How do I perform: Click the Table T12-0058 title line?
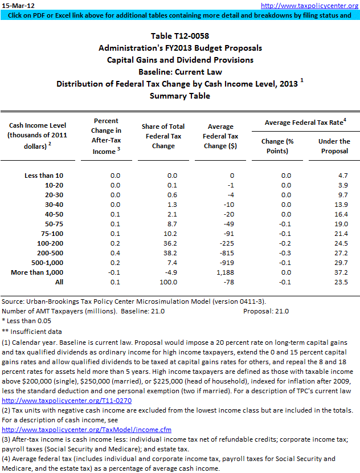coord(179,36)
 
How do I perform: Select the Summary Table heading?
coord(179,96)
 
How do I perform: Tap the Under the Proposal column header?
coord(334,146)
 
